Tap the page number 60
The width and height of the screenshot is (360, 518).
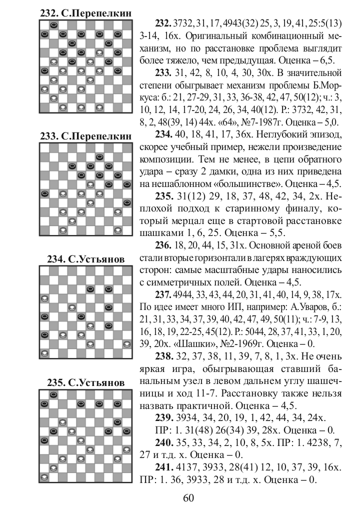point(188,497)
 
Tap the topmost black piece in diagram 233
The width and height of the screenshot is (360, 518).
point(100,156)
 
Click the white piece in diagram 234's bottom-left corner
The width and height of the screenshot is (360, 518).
point(44,353)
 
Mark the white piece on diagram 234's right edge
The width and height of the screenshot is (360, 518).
point(127,344)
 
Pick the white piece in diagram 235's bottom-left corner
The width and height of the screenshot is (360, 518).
point(44,477)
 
